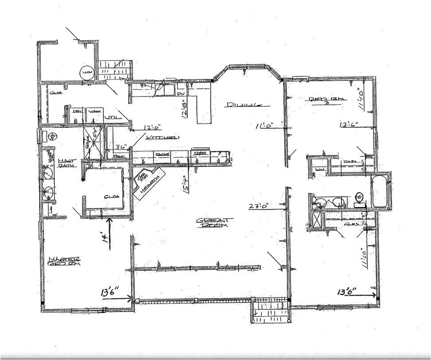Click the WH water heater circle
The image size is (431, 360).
coord(86,72)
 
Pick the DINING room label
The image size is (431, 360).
coord(242,105)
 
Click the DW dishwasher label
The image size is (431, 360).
coord(180,94)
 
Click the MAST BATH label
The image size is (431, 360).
coord(65,163)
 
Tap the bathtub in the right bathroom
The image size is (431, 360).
coord(380,191)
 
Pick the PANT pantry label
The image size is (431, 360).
coord(118,156)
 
